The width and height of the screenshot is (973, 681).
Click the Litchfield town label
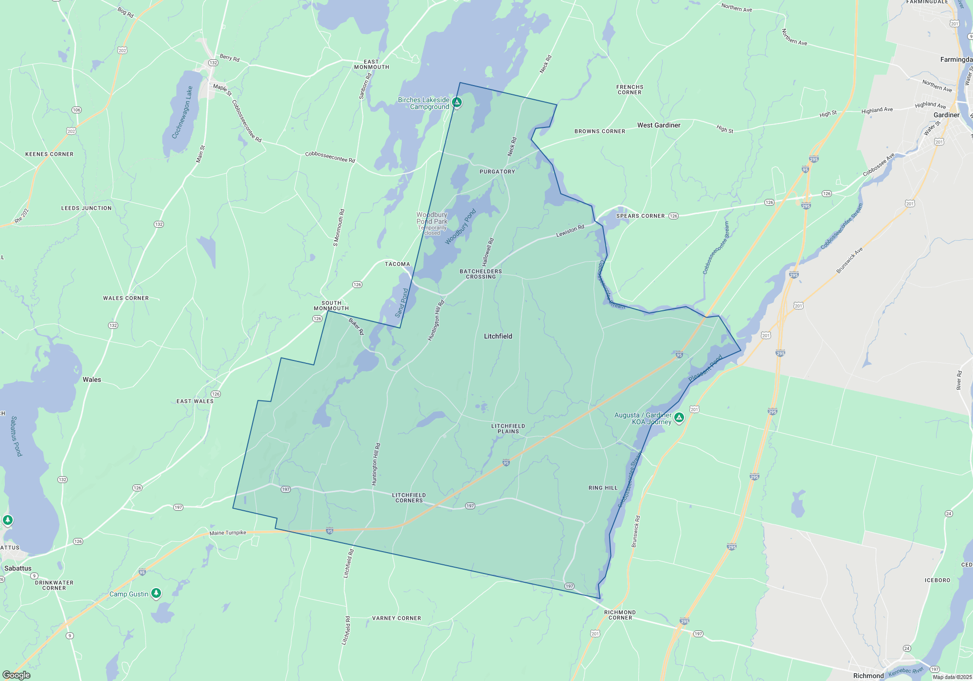tap(498, 336)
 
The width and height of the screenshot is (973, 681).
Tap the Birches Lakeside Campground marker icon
tap(457, 103)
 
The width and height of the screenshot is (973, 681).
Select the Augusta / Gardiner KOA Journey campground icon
tap(679, 417)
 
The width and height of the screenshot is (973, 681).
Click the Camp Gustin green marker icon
tap(156, 593)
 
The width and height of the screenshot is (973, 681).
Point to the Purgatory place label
tap(497, 172)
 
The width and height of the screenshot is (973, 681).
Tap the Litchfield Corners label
tap(409, 498)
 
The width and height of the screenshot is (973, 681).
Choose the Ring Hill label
tap(603, 488)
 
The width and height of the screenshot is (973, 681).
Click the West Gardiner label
tap(659, 125)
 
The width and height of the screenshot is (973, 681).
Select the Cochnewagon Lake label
tap(182, 112)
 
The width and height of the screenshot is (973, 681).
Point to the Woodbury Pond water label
tap(460, 227)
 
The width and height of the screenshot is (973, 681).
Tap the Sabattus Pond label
tap(17, 436)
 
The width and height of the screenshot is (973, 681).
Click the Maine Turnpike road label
tap(228, 533)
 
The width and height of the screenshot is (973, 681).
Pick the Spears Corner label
tap(640, 216)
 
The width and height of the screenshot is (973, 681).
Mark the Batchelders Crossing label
tap(481, 274)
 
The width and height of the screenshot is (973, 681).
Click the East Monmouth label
tap(371, 64)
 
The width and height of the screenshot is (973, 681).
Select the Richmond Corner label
tap(620, 615)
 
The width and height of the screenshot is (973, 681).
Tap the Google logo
tap(17, 675)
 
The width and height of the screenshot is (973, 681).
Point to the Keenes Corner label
tap(49, 154)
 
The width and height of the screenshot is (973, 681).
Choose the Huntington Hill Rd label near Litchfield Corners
tap(376, 464)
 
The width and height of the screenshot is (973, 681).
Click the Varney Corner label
tap(396, 618)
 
